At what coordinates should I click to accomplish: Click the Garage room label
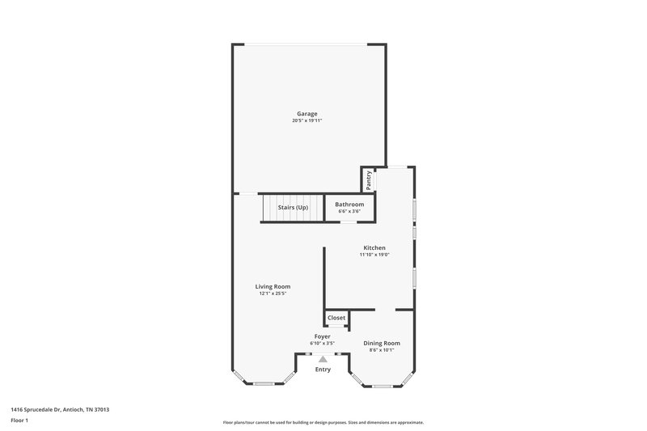307,114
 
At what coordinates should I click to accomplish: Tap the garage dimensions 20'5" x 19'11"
307,120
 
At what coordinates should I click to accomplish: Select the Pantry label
369,180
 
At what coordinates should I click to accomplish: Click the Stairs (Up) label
293,208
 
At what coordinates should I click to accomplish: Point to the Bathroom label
349,205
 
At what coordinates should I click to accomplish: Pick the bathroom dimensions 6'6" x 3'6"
349,211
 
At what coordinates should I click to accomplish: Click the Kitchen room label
374,247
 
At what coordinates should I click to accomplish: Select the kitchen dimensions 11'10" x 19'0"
374,255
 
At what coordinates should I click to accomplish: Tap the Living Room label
273,286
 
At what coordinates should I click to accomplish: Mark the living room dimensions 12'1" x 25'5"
273,294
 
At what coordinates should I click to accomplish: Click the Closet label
336,318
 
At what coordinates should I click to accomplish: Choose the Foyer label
322,336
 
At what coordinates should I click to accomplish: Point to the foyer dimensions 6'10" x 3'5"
322,344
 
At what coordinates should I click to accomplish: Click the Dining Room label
381,343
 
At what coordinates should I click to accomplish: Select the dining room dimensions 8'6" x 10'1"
381,350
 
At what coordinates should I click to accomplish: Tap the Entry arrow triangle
323,359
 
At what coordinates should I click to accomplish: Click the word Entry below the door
323,370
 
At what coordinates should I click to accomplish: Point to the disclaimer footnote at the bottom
323,422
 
